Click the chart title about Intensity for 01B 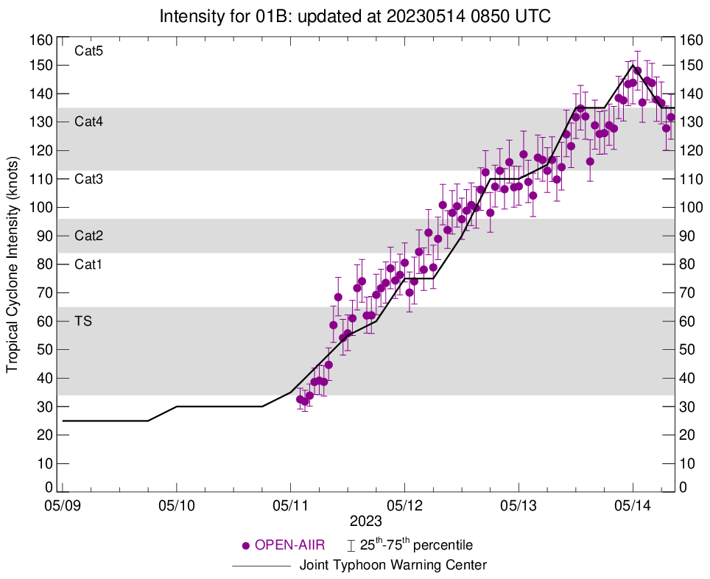tap(354, 15)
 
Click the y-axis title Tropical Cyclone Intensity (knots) tap(12, 264)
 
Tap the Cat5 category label tap(88, 52)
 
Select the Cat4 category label tap(88, 122)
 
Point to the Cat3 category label tap(88, 179)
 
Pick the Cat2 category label tap(88, 236)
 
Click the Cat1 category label tap(88, 264)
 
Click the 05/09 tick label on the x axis tap(63, 507)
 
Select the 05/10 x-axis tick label tap(177, 507)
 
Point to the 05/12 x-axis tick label tap(404, 507)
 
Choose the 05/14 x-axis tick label tap(633, 507)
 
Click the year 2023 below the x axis tap(366, 522)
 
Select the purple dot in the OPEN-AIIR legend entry tap(247, 546)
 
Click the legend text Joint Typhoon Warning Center tap(393, 566)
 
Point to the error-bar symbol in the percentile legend tap(351, 546)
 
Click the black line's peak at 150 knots tap(633, 65)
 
